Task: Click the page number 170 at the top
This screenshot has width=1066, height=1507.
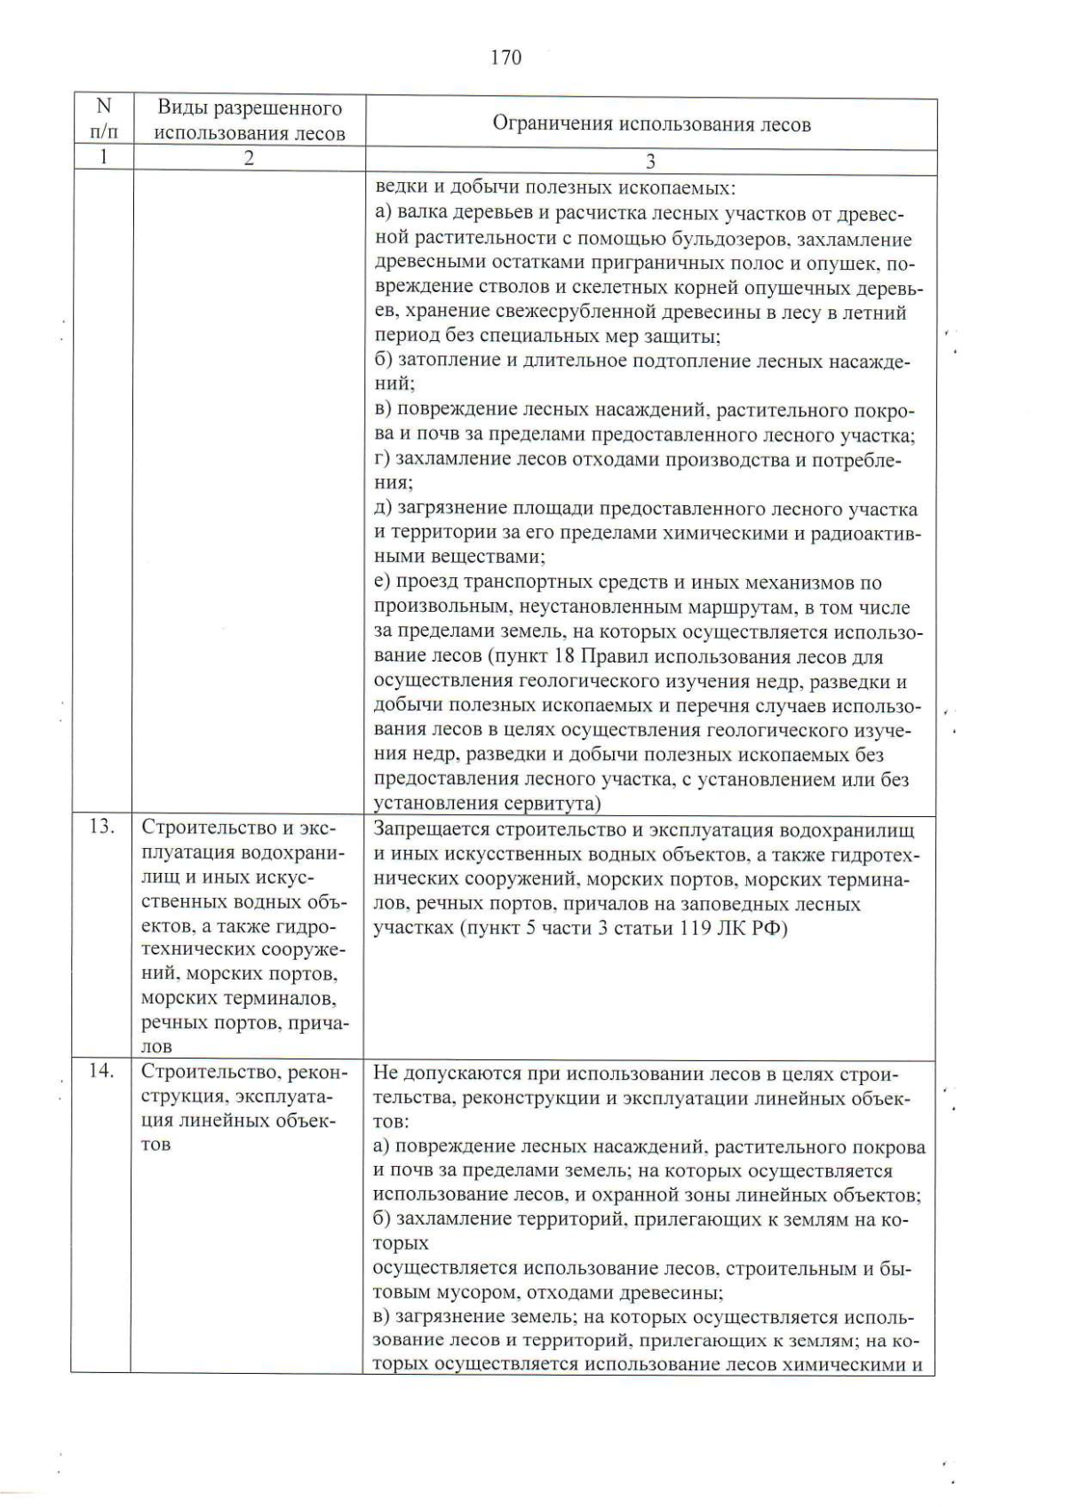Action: click(x=505, y=59)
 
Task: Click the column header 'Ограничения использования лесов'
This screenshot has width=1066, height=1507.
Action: click(x=651, y=124)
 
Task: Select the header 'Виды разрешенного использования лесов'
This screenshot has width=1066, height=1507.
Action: click(x=249, y=122)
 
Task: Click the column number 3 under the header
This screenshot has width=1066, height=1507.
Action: click(x=650, y=162)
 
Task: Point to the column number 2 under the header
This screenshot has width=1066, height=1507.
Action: click(x=249, y=159)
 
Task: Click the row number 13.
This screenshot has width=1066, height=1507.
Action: click(x=102, y=828)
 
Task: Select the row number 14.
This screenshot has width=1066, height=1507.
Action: click(x=102, y=1071)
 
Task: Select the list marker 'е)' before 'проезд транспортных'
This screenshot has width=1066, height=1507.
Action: click(x=383, y=583)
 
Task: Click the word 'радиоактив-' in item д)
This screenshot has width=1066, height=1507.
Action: click(x=866, y=535)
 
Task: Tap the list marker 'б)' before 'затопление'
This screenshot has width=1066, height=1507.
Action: click(x=384, y=361)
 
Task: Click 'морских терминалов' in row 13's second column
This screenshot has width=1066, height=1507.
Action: click(x=238, y=998)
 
